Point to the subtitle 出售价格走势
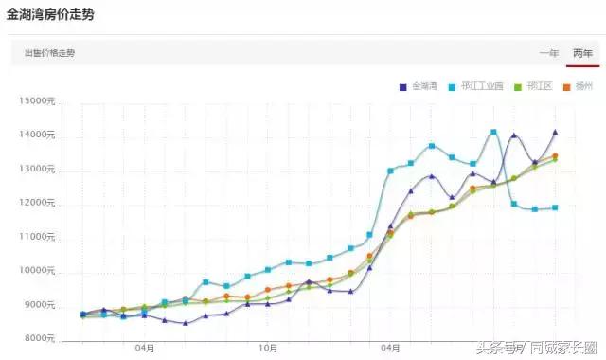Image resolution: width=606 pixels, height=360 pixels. click(51, 53)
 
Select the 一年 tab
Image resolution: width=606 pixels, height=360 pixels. click(548, 53)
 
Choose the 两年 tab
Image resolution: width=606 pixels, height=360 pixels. click(582, 53)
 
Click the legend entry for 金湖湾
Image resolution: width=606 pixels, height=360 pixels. click(419, 87)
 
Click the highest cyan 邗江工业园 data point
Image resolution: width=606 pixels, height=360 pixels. click(493, 132)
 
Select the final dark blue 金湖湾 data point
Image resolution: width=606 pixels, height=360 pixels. click(555, 133)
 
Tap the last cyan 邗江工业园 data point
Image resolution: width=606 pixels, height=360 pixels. click(555, 207)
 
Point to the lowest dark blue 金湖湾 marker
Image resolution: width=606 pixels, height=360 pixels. click(186, 323)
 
